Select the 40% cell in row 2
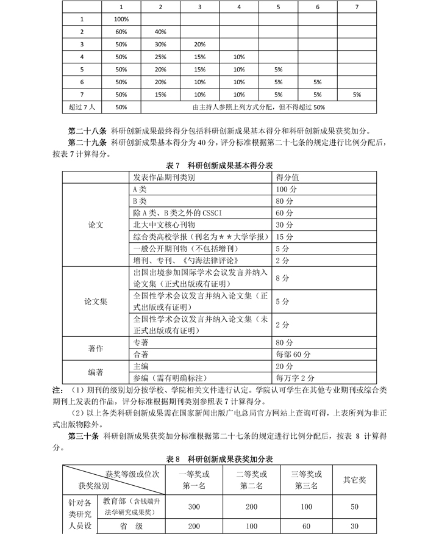coord(160,32)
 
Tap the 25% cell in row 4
coord(160,57)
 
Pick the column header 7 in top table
coord(357,7)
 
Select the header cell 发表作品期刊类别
coord(164,178)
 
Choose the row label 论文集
coord(96,301)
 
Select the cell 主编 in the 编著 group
coord(141,366)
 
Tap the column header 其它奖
coord(355,480)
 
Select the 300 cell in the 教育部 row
coord(195,507)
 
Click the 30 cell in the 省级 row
coord(355,526)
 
